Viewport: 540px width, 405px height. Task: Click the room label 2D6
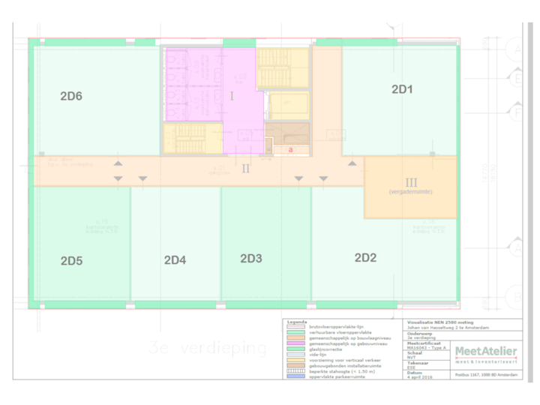[71, 96]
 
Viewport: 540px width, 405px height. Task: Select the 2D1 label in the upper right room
[403, 89]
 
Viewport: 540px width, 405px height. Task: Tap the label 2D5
[71, 261]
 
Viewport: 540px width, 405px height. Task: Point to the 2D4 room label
[175, 260]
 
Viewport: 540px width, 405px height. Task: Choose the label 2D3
[251, 259]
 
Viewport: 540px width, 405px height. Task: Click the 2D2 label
[365, 258]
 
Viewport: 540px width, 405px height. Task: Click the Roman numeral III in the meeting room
[411, 182]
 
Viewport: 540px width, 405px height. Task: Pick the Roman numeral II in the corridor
[245, 168]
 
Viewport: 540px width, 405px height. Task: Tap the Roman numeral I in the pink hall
[232, 96]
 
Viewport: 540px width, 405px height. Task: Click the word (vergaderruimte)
[411, 193]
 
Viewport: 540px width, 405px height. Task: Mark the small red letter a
[291, 150]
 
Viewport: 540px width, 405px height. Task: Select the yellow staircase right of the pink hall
[282, 67]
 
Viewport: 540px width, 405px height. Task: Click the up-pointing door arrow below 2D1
[351, 162]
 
